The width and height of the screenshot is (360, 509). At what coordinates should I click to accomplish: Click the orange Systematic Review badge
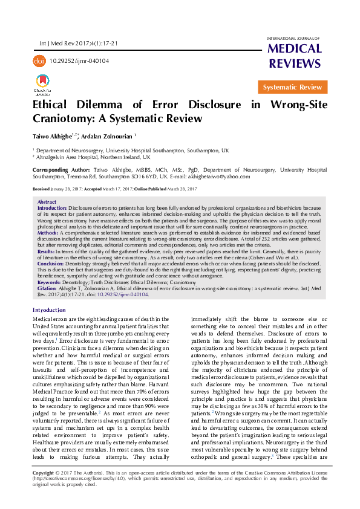click(x=292, y=88)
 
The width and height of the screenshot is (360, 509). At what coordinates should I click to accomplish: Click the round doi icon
click(x=39, y=61)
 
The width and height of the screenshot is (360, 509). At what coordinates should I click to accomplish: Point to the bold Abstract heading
click(x=47, y=202)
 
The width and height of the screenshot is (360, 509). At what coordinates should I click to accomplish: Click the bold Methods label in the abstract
click(x=48, y=232)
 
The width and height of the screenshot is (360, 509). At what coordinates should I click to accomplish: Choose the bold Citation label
click(x=48, y=289)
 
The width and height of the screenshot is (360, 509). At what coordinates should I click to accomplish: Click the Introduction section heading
click(x=49, y=310)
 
